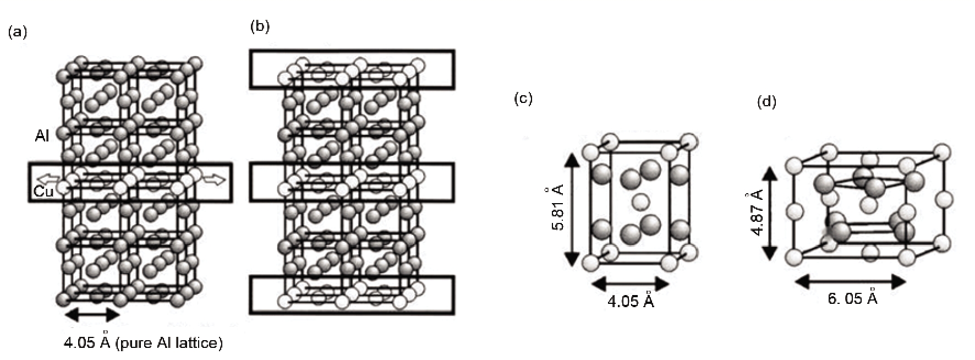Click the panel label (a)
tap(17, 32)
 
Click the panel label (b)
tap(260, 26)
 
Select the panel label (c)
tap(523, 99)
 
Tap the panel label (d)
tap(766, 102)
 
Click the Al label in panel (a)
tap(42, 136)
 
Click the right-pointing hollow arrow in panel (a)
tap(213, 179)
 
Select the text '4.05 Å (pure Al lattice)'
tap(143, 343)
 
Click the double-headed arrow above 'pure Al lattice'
tap(92, 314)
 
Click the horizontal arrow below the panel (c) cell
tap(631, 284)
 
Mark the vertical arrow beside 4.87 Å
tap(770, 212)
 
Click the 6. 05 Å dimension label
tap(852, 298)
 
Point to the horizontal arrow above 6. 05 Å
tap(850, 282)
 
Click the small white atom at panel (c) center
tap(639, 202)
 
